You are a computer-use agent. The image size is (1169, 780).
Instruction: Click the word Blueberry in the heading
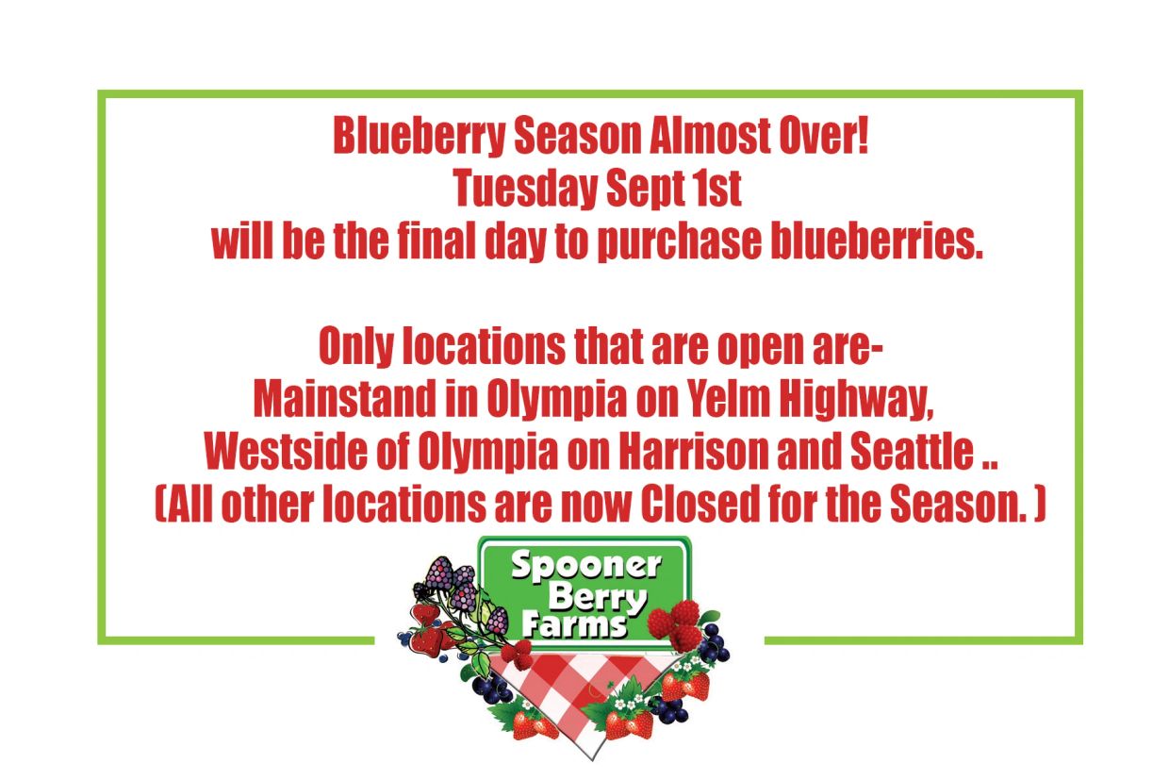[x=420, y=136]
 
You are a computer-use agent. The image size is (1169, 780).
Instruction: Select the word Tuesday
[x=525, y=189]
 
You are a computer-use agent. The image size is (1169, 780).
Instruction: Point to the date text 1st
[x=719, y=188]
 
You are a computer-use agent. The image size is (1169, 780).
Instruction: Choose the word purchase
[x=679, y=241]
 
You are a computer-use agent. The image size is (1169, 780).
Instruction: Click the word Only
[x=356, y=347]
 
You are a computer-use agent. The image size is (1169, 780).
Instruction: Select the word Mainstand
[x=344, y=398]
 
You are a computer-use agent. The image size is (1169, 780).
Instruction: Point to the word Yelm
[x=728, y=398]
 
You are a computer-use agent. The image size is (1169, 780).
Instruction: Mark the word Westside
[x=286, y=451]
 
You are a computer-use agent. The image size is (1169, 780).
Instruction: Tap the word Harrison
[x=693, y=451]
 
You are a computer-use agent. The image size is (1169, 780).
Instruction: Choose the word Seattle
[x=913, y=451]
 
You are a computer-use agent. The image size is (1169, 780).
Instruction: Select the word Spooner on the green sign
[x=586, y=566]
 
